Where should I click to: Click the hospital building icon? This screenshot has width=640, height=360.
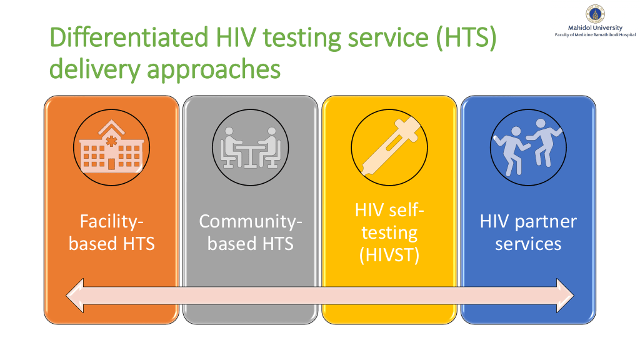pos(111,147)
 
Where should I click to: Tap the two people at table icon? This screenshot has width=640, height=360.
pos(250,147)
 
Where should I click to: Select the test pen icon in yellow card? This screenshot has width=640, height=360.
pos(389,147)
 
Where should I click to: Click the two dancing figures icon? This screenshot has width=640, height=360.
pos(528,147)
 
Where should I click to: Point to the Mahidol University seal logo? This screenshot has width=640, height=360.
pos(595,14)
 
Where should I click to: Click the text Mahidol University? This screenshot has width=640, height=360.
pos(595,27)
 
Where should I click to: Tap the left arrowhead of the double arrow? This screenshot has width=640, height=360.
pos(75,296)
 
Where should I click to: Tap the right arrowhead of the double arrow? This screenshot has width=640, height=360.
pos(565,296)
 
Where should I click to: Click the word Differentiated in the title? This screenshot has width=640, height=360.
pos(129,37)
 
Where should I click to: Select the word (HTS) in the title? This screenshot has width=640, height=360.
pos(466,38)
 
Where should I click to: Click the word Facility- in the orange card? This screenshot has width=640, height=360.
pos(111,222)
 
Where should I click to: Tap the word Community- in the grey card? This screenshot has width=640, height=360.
pos(250,222)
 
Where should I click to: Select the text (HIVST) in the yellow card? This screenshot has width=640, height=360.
pos(389,255)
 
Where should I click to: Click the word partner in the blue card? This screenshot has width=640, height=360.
pos(546,222)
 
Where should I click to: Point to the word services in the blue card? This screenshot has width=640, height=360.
pos(528,244)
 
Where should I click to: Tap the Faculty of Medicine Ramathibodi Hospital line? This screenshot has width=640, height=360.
pos(595,35)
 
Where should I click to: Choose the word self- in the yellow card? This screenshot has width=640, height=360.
pos(406,210)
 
